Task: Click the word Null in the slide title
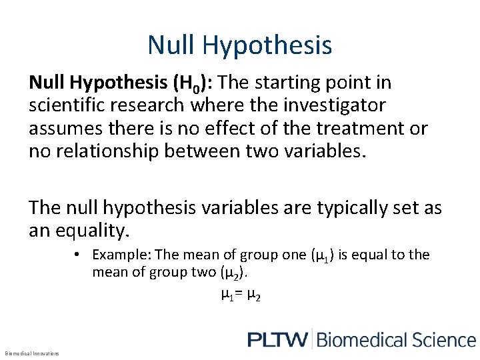[x=171, y=45]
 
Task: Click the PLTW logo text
[x=277, y=339]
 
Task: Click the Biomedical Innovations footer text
[x=31, y=353]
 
